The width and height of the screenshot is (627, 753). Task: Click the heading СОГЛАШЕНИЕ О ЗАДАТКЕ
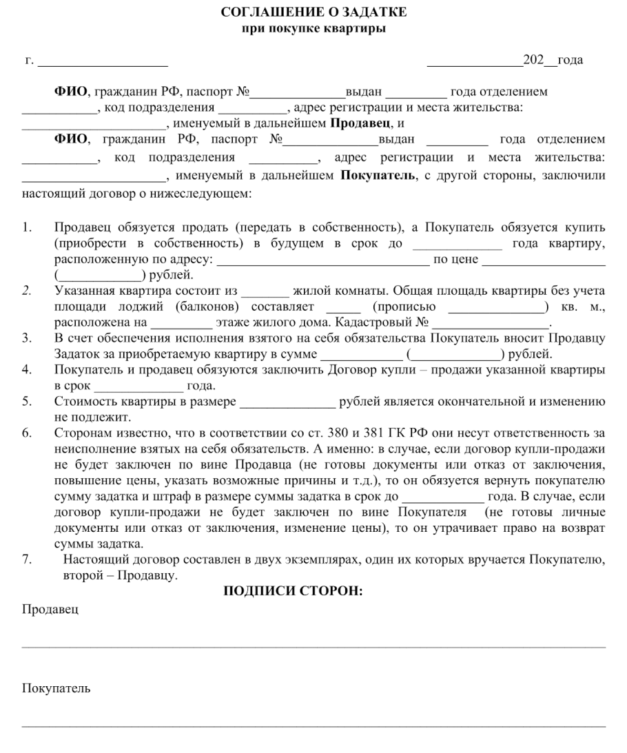[x=313, y=12]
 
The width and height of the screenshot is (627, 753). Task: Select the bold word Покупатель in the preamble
[x=378, y=176]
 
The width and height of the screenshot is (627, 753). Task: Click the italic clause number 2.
[x=25, y=291]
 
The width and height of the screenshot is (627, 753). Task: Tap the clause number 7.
[x=26, y=560]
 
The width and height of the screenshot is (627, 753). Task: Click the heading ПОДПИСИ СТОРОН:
[x=293, y=591]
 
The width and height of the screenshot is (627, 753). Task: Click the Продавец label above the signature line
[x=50, y=610]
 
